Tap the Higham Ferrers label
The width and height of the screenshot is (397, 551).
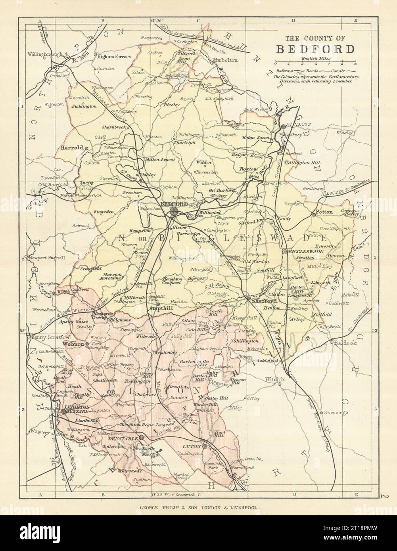click(x=114, y=57)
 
